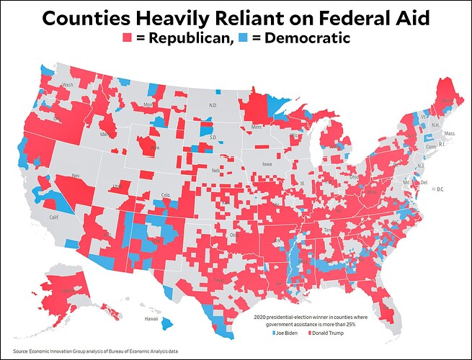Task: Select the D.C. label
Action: coord(440,189)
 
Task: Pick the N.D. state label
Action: coord(213,106)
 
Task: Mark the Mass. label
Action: coord(450,134)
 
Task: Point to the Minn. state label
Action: coord(256,127)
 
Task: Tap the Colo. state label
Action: coord(165,194)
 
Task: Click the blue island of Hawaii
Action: coord(168,325)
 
